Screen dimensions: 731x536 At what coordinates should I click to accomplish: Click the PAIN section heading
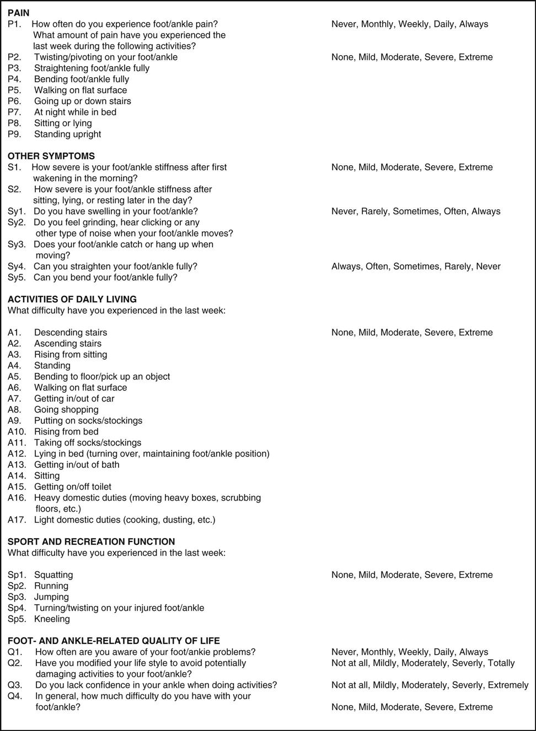tap(19, 13)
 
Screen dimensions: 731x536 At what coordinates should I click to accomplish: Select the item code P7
tap(14, 112)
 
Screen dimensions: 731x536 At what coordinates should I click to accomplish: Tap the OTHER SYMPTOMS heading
tap(51, 156)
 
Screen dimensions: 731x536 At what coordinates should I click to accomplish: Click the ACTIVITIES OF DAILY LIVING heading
tap(72, 299)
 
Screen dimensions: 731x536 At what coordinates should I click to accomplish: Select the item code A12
tap(17, 453)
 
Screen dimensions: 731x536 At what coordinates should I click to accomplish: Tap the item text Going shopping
tap(66, 409)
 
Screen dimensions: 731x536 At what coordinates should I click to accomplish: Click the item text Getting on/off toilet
tap(73, 486)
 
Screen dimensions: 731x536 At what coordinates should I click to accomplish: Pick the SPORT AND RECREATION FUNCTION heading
tap(92, 542)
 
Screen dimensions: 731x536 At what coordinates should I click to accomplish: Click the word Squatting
tap(53, 575)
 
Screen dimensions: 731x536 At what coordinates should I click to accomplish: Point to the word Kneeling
tap(52, 619)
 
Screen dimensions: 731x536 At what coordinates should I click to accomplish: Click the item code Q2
tap(15, 663)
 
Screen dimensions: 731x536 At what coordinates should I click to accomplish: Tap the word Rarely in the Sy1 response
tap(374, 211)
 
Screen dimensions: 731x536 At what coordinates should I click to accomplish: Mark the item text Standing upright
tap(68, 134)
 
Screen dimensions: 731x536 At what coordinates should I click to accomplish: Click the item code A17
tap(17, 519)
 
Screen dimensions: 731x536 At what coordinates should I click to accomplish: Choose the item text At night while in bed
tap(75, 112)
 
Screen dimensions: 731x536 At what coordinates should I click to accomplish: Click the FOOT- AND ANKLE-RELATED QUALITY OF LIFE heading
tap(114, 641)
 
